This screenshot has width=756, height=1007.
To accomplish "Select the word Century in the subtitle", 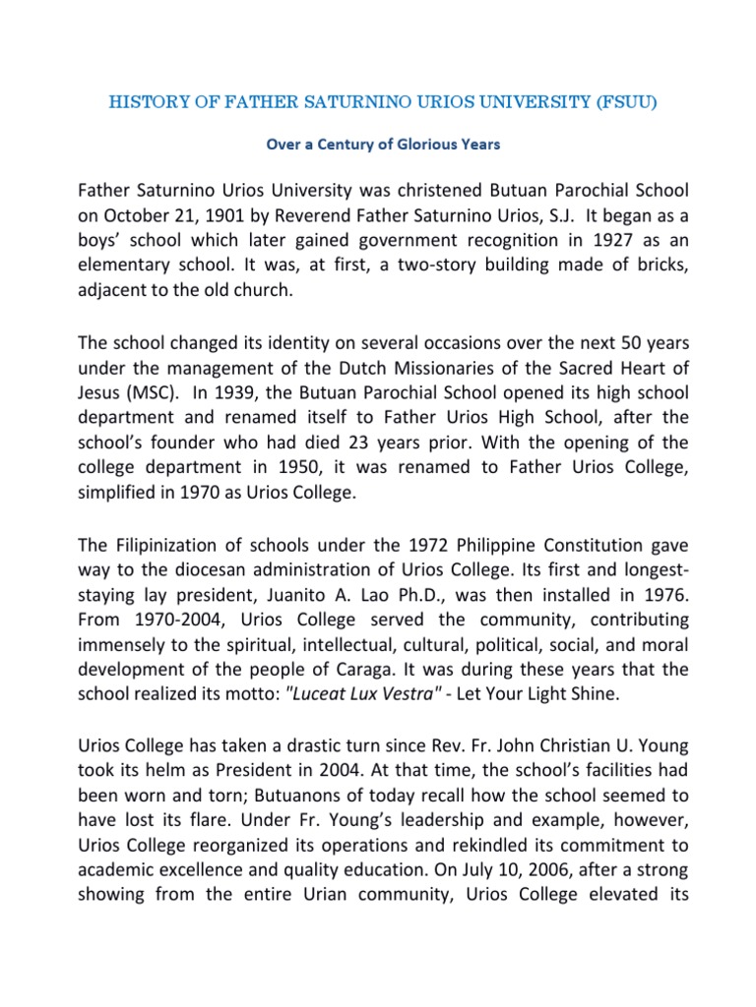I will (x=348, y=145).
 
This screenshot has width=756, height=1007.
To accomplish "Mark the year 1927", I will (x=579, y=239).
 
